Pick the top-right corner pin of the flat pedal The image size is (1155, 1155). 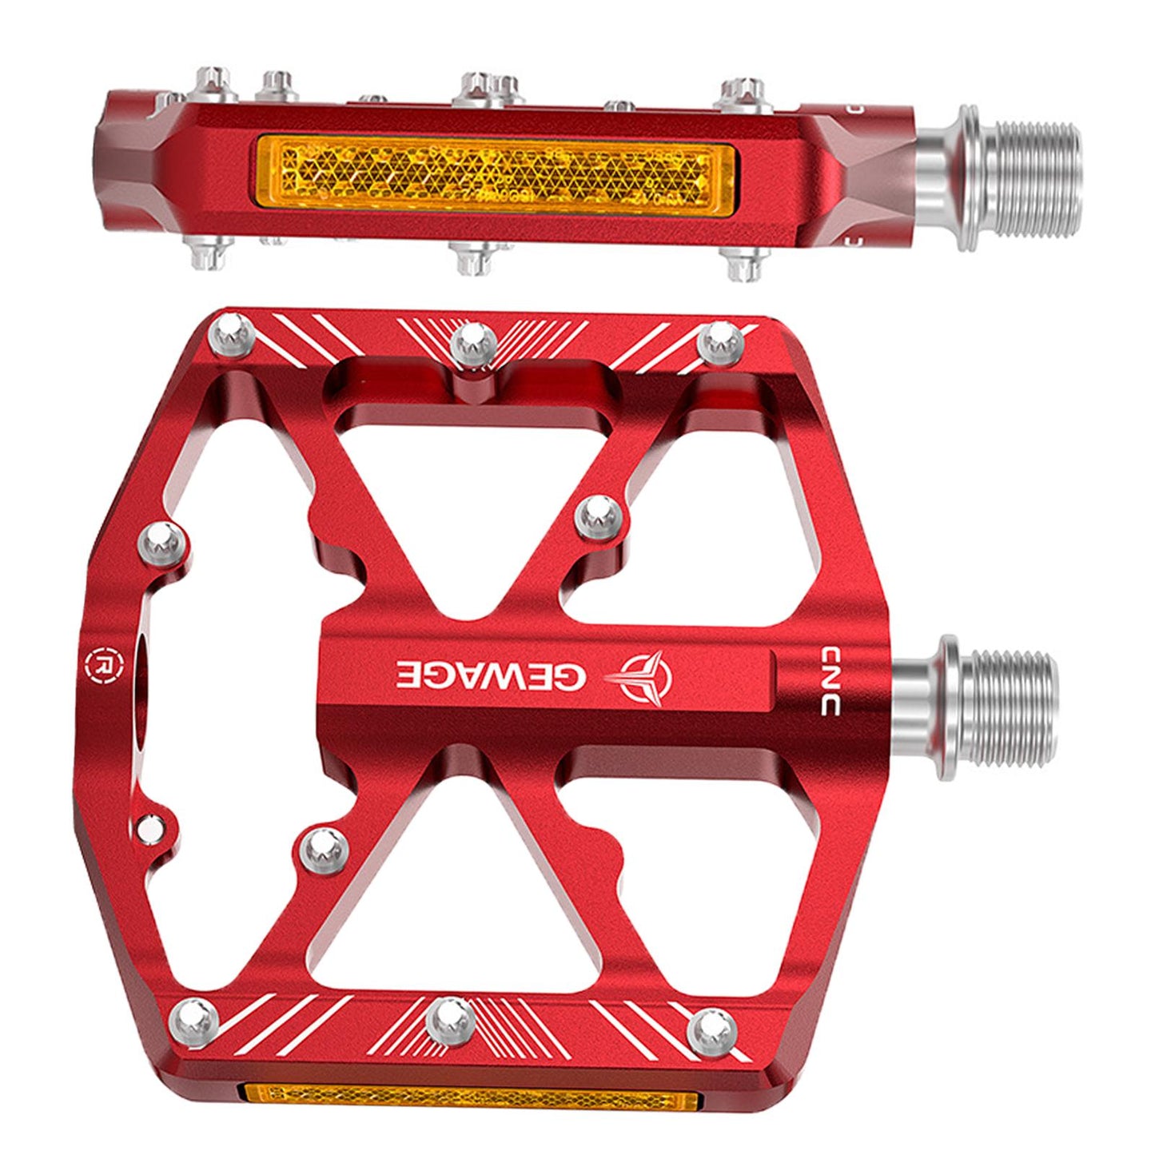(723, 341)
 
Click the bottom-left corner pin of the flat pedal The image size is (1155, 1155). (194, 1019)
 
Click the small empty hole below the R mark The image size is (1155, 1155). (148, 830)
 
